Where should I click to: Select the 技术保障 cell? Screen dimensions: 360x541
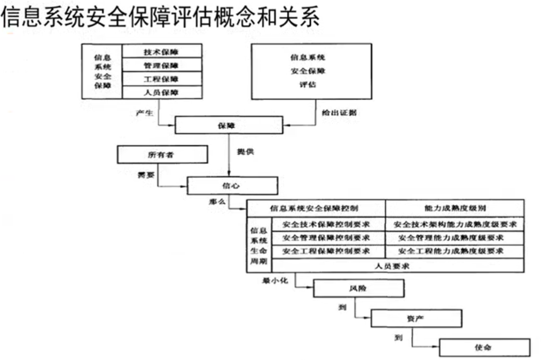[162, 51]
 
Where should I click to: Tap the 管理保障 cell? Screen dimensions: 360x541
[162, 65]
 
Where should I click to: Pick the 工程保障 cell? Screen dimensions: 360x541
[162, 79]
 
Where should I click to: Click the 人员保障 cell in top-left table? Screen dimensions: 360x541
[162, 92]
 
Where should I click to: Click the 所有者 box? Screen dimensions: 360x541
[162, 154]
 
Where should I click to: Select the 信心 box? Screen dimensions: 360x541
[232, 185]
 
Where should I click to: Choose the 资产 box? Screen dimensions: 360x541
[416, 318]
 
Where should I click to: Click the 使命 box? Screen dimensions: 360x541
[484, 347]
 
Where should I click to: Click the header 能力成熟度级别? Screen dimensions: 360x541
[454, 208]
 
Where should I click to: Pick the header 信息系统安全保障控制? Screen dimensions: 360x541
[315, 208]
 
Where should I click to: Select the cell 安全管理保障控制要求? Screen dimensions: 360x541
[326, 237]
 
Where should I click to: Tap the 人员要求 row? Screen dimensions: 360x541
[393, 265]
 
